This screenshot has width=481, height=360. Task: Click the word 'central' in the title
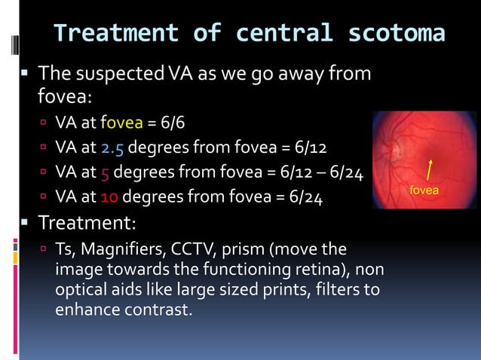tap(281, 34)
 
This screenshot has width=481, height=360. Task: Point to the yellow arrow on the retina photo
tap(430, 170)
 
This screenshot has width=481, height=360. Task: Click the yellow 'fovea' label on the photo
tap(424, 191)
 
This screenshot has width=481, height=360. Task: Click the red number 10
tap(109, 198)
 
